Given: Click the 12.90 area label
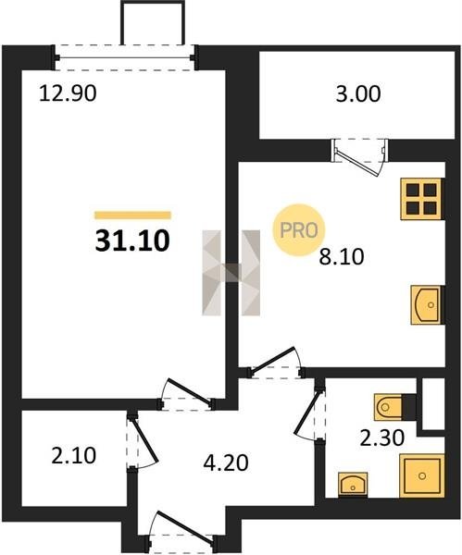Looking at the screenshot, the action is click(68, 94).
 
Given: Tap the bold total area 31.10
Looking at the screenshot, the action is click(132, 240).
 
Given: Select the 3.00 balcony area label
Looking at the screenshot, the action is click(358, 94).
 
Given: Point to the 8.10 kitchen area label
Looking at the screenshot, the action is click(342, 257).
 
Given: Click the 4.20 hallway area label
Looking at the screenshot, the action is click(226, 462).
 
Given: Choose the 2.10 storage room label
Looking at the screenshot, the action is click(74, 455).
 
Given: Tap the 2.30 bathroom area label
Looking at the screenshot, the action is click(382, 438).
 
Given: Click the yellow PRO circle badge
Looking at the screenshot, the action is click(299, 230).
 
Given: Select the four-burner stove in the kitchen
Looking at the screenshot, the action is click(421, 199).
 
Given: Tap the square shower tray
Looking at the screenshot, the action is click(421, 475).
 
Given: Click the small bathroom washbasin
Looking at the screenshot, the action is click(353, 484).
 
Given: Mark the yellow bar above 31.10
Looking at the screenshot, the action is click(133, 216).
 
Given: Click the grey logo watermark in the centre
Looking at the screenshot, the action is click(231, 273).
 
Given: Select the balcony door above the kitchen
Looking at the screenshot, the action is click(359, 156).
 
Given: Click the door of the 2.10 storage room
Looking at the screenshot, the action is click(143, 440).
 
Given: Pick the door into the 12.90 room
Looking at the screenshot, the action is click(186, 394).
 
